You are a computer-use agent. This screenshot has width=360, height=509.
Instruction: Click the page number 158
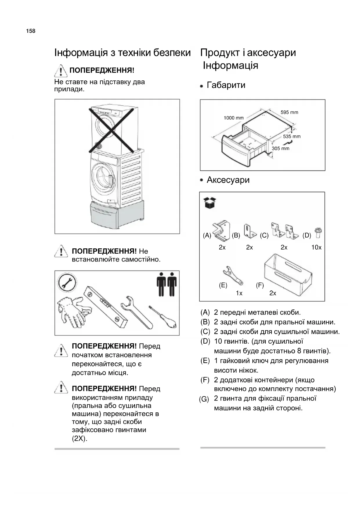coord(31,31)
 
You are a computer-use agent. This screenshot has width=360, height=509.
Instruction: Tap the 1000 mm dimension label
coord(234,118)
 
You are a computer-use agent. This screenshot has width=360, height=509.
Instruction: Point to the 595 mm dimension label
coord(289,112)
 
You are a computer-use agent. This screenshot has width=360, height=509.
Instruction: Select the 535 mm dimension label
coord(292,136)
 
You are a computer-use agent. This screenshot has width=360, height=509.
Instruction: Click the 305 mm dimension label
coord(281,149)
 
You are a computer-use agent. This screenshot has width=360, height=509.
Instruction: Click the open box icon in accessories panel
coord(210,203)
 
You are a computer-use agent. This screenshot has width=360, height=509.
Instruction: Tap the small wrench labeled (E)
coord(232,276)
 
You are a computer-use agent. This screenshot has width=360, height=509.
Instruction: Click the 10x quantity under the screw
coord(316,248)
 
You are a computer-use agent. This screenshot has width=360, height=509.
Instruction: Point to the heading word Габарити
coord(226,85)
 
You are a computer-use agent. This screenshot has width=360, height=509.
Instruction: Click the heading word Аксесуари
coord(228,180)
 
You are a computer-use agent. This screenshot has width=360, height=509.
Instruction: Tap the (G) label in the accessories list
coord(204,399)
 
